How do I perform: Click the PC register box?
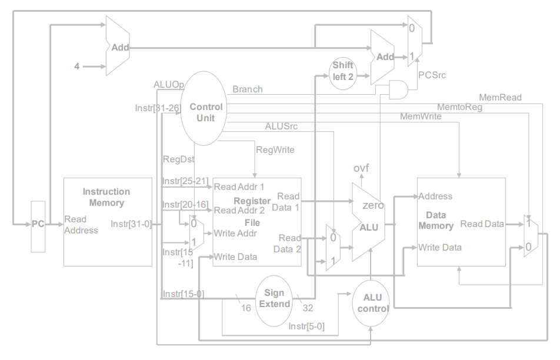(x=38, y=226)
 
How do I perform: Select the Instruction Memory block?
(x=107, y=222)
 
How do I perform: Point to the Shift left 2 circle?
(x=343, y=72)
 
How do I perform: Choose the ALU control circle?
(x=372, y=303)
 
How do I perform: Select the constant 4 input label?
(x=76, y=66)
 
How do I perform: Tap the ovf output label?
(x=361, y=169)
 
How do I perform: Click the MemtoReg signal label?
(x=459, y=107)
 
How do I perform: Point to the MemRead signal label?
(x=500, y=97)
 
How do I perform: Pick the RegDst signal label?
(x=178, y=159)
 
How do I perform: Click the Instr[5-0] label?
(x=306, y=326)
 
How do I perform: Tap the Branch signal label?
(x=247, y=89)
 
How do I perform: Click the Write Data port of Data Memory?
(x=439, y=247)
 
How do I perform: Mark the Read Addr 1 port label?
(x=239, y=187)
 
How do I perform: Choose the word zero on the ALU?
(x=373, y=205)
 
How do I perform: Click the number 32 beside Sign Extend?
(x=308, y=308)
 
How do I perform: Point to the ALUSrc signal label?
(x=281, y=126)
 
